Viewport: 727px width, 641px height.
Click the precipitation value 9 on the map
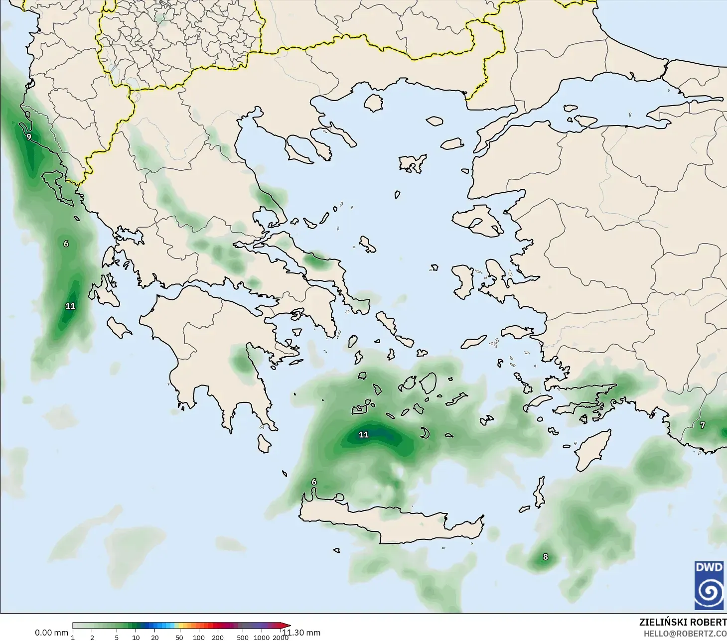tap(29, 136)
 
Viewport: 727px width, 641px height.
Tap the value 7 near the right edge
tap(703, 425)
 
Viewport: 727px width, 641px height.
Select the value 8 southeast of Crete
tap(545, 557)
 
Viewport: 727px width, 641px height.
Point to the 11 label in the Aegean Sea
tap(364, 435)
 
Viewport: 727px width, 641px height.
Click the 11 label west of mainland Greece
tap(70, 306)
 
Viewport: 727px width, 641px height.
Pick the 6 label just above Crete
tap(314, 482)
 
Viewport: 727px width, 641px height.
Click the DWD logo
tap(709, 585)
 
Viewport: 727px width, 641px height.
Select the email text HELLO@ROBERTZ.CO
tap(685, 634)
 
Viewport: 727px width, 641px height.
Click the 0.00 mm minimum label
tap(51, 633)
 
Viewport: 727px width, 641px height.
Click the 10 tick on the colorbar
tap(136, 638)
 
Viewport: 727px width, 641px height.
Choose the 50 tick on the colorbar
tap(179, 638)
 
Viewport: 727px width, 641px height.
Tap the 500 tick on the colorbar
tap(243, 638)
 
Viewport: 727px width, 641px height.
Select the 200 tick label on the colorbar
tap(218, 638)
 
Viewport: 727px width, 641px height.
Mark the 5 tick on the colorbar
tap(117, 638)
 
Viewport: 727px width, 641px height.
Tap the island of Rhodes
tap(593, 451)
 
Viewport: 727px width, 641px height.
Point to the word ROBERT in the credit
tap(708, 622)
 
